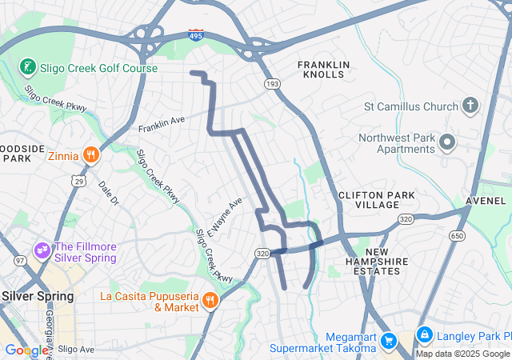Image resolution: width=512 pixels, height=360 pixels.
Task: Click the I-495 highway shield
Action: coord(195,35)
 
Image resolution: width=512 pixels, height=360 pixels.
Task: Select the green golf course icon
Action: coord(27,66)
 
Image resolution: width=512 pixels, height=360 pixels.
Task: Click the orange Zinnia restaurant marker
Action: coord(92,154)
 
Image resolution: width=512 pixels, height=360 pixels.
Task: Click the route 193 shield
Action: coord(272,83)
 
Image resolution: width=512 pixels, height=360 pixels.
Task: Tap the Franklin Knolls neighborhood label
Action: coord(324,69)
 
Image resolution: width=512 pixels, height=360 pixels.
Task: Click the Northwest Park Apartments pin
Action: coord(447,143)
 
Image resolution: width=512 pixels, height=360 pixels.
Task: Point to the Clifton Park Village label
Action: coord(369,200)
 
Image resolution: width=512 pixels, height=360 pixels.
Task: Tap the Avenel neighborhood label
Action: coord(490,201)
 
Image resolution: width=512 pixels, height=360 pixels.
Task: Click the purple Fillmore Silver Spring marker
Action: coord(41,252)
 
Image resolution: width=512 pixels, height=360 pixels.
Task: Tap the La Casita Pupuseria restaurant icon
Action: coord(210,301)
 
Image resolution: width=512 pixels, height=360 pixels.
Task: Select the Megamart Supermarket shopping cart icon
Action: coord(389,340)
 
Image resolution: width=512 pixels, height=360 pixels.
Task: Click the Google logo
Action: coord(26,350)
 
